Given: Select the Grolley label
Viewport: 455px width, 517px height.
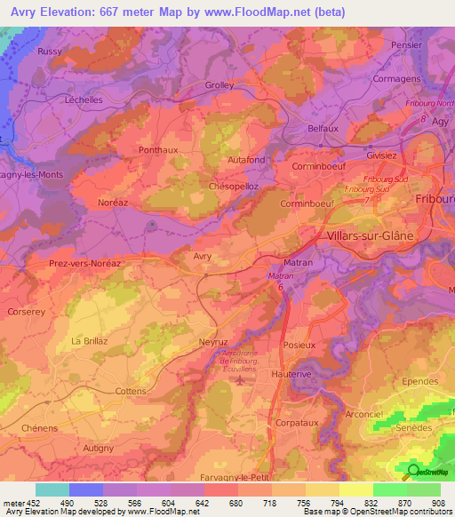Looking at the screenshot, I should [219, 85].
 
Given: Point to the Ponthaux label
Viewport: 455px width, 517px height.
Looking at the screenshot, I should [158, 150].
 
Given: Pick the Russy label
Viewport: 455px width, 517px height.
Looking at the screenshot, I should [50, 52].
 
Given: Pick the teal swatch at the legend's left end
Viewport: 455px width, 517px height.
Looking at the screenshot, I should [52, 489].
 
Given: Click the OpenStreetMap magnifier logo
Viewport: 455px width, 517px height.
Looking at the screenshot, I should [414, 472].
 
